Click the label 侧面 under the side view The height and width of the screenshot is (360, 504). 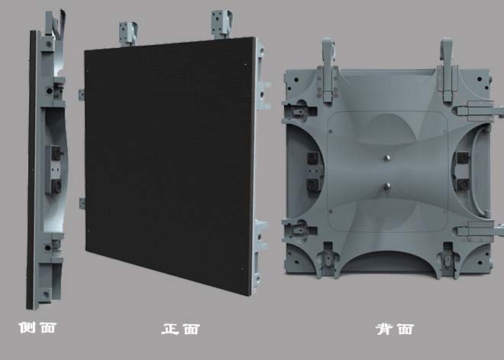37,327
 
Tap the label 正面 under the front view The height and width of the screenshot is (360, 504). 180,329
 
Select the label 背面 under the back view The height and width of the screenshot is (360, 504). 394,329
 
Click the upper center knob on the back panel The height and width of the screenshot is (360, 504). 387,158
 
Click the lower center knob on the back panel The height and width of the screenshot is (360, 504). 387,186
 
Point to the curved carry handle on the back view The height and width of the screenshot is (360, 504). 480,170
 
